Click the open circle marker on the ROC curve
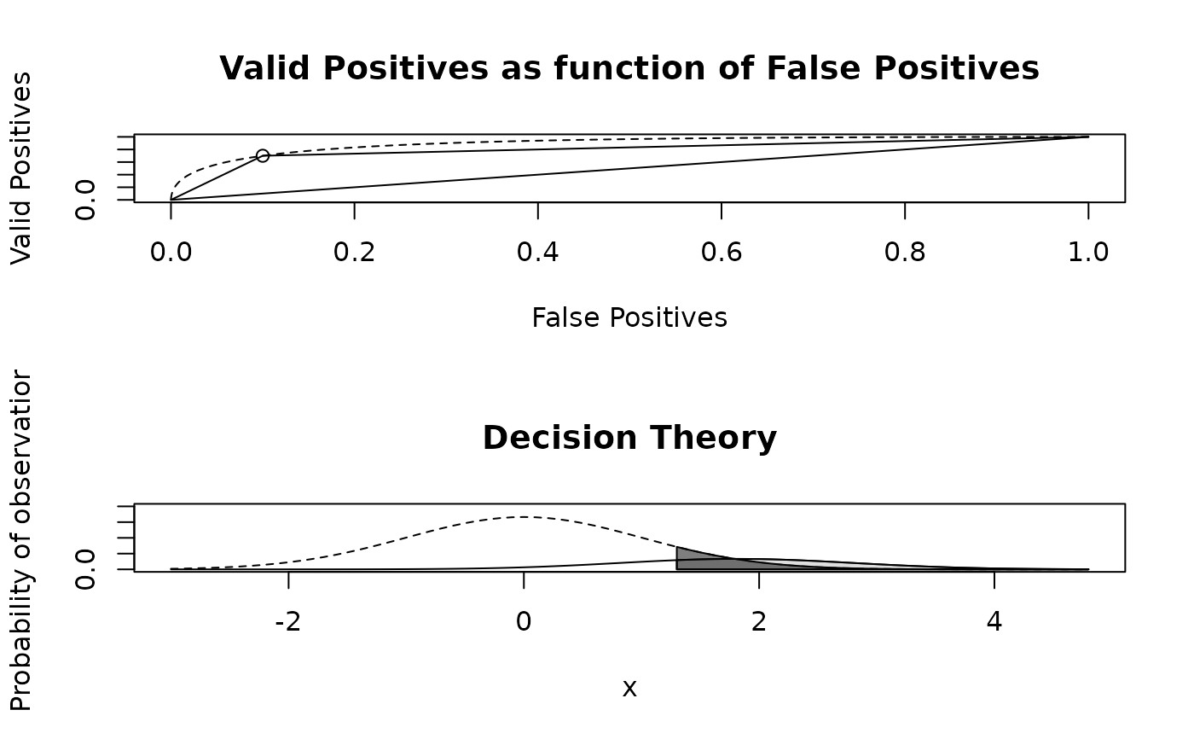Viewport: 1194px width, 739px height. pos(263,155)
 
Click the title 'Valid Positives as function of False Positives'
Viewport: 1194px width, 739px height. pos(629,68)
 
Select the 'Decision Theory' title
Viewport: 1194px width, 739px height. pos(629,438)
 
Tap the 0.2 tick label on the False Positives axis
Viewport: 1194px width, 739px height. pos(354,252)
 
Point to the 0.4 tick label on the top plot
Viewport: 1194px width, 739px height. pos(537,252)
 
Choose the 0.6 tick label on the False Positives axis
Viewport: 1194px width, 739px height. pos(722,252)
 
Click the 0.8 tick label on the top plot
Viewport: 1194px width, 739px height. pos(905,252)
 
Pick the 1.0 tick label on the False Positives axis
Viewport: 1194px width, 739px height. pos(1088,252)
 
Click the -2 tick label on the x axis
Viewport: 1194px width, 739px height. pos(288,621)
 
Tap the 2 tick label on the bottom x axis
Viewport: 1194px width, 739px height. pos(759,621)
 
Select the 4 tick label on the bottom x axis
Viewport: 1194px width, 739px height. pos(994,621)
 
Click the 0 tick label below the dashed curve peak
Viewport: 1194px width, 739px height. pos(524,621)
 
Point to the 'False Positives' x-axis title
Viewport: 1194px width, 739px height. pos(629,317)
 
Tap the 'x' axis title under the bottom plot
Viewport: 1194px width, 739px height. pos(629,688)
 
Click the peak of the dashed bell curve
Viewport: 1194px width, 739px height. pos(524,517)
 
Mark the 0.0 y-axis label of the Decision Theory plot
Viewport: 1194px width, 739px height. pos(86,569)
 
